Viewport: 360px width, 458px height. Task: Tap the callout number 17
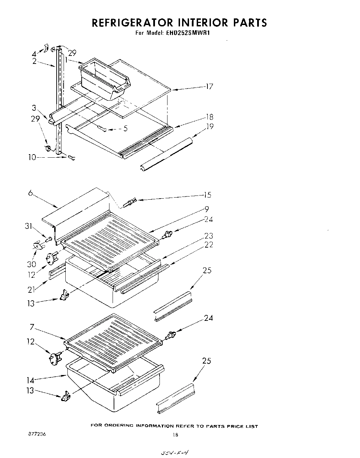coord(209,86)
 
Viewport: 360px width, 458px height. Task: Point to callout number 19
coord(210,126)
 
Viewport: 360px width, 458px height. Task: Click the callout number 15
coord(207,195)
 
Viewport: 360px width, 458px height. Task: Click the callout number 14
coord(31,380)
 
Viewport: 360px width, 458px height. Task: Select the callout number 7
coord(32,327)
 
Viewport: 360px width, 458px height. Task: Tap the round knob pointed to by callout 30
coord(37,245)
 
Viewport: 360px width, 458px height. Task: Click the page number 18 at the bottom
coord(175,435)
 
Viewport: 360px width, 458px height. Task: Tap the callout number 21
coord(32,289)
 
